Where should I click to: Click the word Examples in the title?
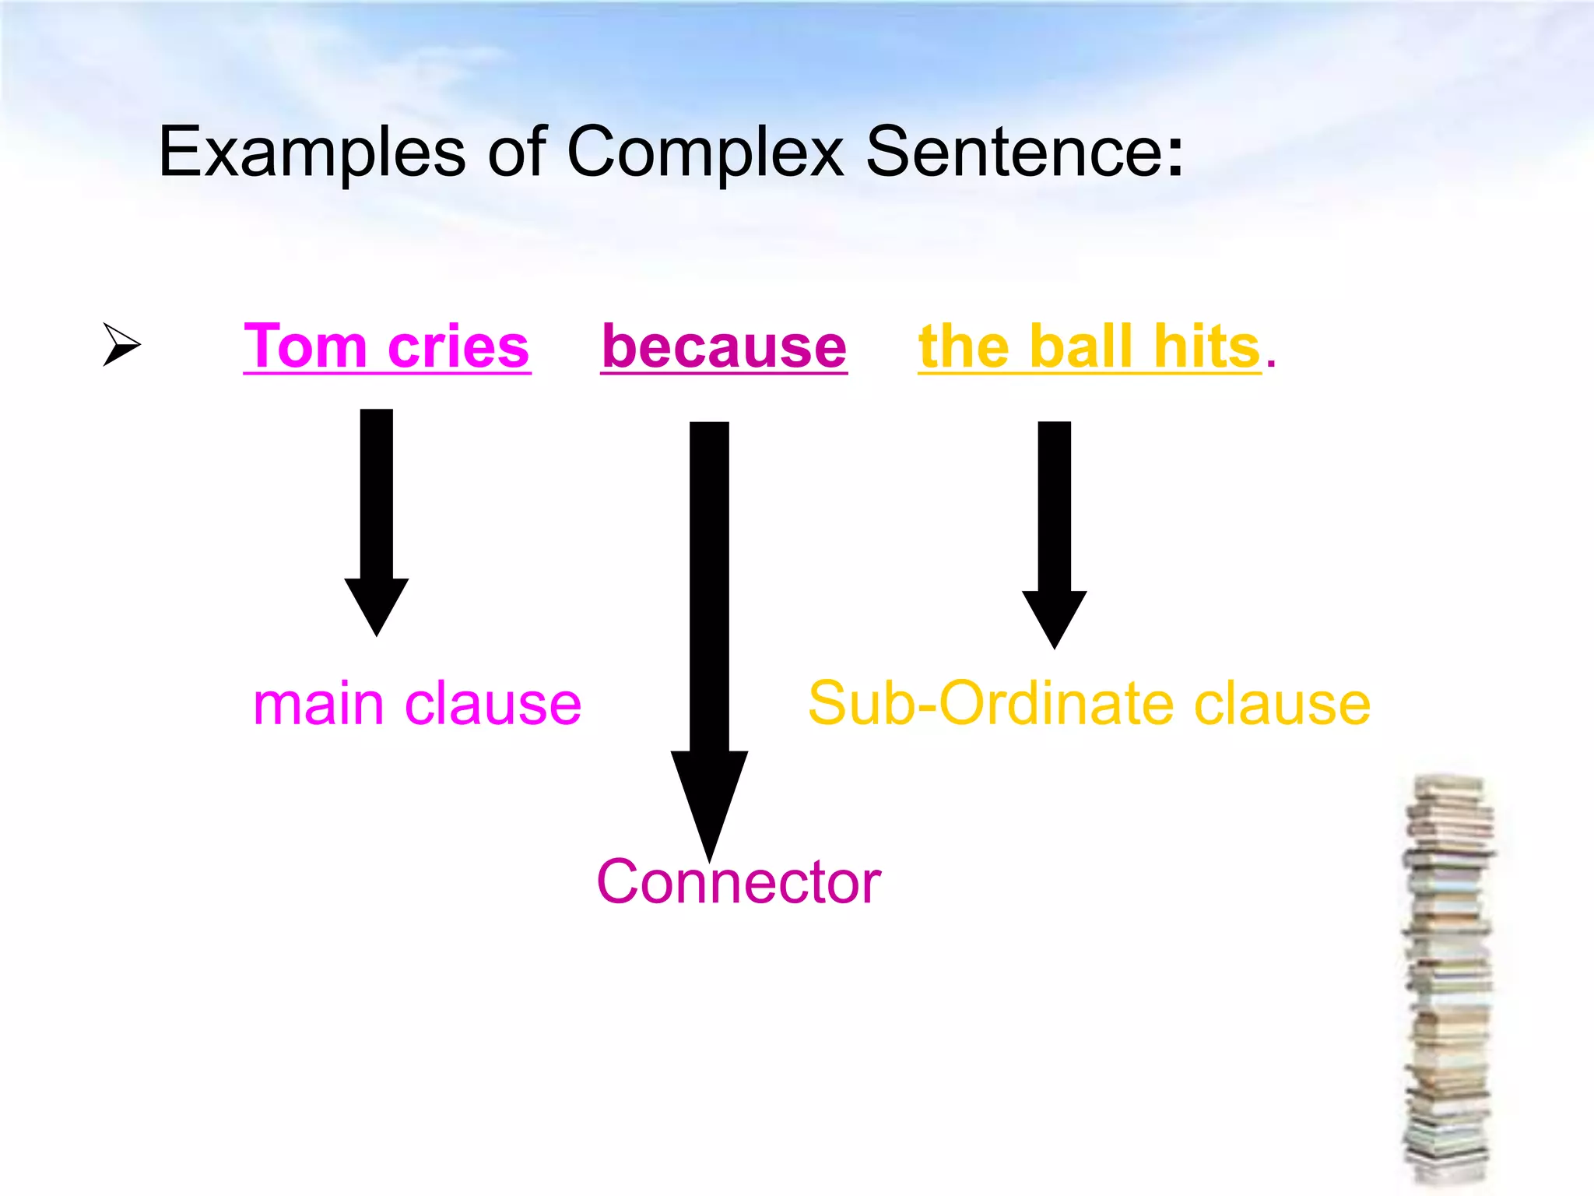[311, 152]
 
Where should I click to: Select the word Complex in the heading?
[705, 152]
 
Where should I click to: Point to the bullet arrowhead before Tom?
[121, 343]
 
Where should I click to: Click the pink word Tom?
[304, 346]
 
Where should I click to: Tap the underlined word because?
[724, 346]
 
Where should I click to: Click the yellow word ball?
[1081, 346]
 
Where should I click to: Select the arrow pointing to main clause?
[377, 522]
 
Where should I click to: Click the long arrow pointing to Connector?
[709, 623]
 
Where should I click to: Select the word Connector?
[739, 882]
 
